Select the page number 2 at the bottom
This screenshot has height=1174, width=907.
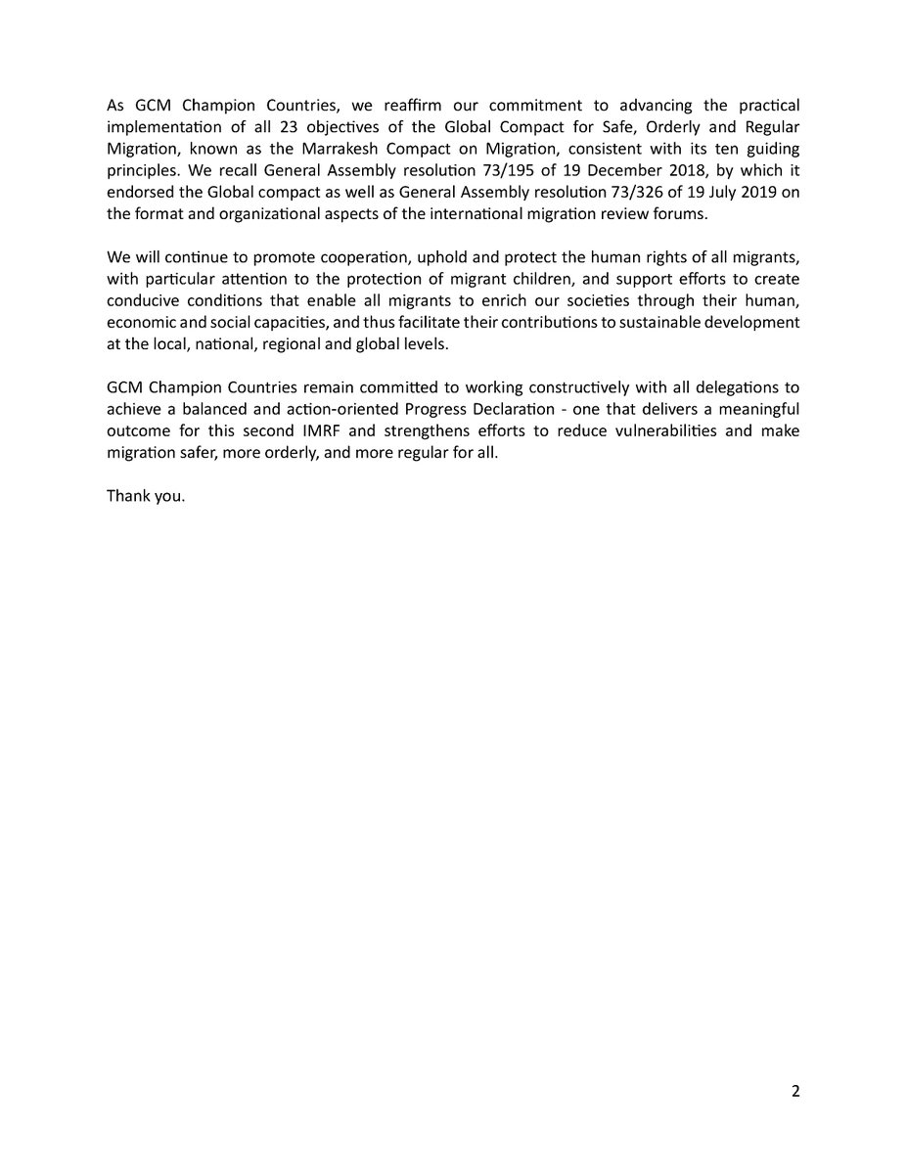tap(795, 1093)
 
